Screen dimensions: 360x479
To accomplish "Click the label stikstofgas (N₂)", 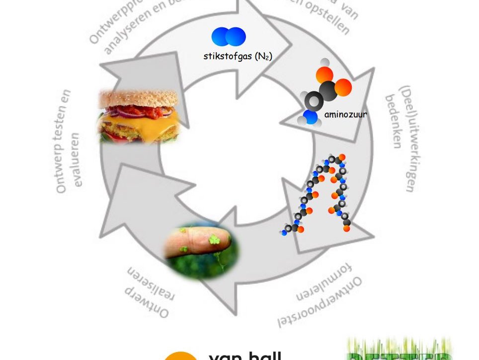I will [x=238, y=56].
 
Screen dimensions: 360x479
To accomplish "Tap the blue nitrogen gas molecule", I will [x=229, y=36].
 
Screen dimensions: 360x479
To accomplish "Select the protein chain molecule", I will [x=318, y=194].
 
